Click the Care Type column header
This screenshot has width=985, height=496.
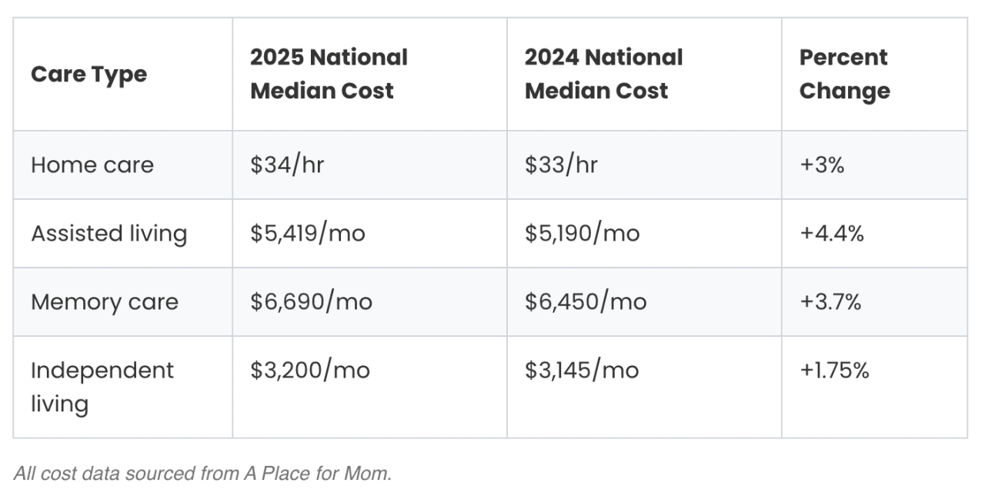click(x=88, y=75)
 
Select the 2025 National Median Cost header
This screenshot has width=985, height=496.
click(x=329, y=74)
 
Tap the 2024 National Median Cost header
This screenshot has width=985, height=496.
click(x=603, y=74)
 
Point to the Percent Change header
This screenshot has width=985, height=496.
click(x=844, y=74)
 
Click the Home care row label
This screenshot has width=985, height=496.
click(x=92, y=165)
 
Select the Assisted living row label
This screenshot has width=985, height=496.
click(x=109, y=234)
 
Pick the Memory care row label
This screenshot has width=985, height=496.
click(x=105, y=302)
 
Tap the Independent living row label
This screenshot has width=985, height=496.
click(x=102, y=387)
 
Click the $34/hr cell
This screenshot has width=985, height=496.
click(x=287, y=165)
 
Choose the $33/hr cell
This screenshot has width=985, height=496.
click(x=561, y=165)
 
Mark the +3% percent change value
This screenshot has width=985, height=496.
click(x=822, y=165)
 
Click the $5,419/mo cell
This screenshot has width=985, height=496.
click(x=307, y=234)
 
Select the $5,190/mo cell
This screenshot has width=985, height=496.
click(x=582, y=234)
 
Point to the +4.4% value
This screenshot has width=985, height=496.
click(x=831, y=234)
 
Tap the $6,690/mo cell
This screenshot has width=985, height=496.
click(x=311, y=302)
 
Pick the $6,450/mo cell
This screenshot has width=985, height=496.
click(x=585, y=302)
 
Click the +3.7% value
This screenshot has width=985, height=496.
click(x=830, y=302)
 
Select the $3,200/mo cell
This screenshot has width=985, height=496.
click(x=309, y=371)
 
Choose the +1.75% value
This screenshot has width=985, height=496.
click(x=834, y=371)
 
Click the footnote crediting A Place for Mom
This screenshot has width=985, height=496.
click(x=202, y=474)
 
